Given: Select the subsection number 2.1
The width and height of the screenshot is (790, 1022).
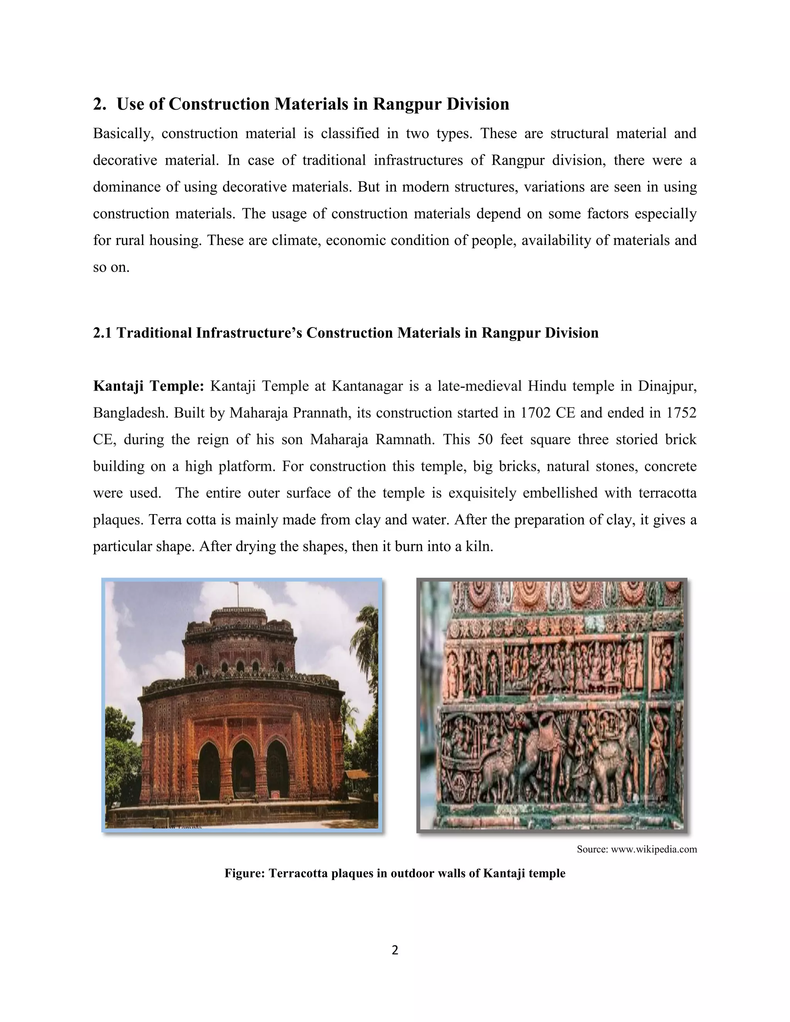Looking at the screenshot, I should [x=103, y=333].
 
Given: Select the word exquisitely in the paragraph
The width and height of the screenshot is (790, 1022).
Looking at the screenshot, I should [x=481, y=493].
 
